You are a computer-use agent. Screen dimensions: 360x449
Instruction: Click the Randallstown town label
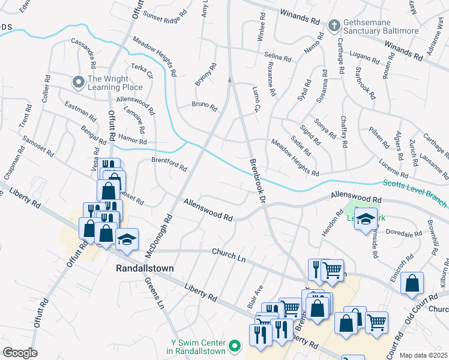[142, 269]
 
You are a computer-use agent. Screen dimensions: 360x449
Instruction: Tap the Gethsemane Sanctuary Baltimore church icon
[334, 25]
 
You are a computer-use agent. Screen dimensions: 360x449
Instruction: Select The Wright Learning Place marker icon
[78, 81]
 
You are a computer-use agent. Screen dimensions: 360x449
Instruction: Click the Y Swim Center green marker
[235, 346]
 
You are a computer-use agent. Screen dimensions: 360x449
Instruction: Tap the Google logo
[20, 353]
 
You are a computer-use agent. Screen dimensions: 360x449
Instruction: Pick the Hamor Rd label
[131, 139]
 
